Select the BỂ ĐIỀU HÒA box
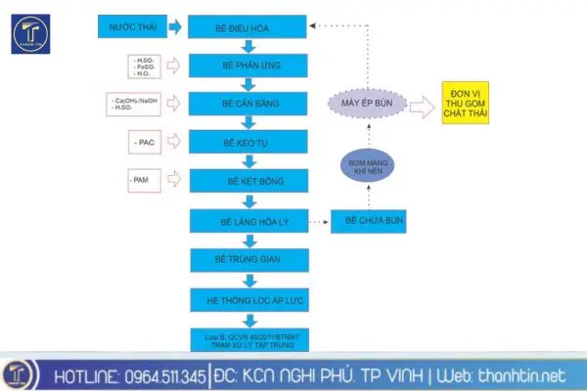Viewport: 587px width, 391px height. click(x=248, y=29)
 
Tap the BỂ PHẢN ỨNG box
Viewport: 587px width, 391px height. click(x=248, y=65)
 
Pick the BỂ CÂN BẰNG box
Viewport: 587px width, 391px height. click(x=248, y=104)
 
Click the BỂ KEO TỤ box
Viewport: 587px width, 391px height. click(x=248, y=143)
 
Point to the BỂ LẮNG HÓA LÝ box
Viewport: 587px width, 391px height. click(x=248, y=223)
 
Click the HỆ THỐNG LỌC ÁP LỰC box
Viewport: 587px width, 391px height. click(x=248, y=300)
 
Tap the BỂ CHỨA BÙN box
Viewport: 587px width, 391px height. click(x=368, y=223)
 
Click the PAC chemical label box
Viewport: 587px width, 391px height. click(x=147, y=144)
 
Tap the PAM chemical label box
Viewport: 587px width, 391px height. click(x=147, y=180)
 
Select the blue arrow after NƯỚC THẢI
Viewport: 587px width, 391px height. click(x=176, y=27)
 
